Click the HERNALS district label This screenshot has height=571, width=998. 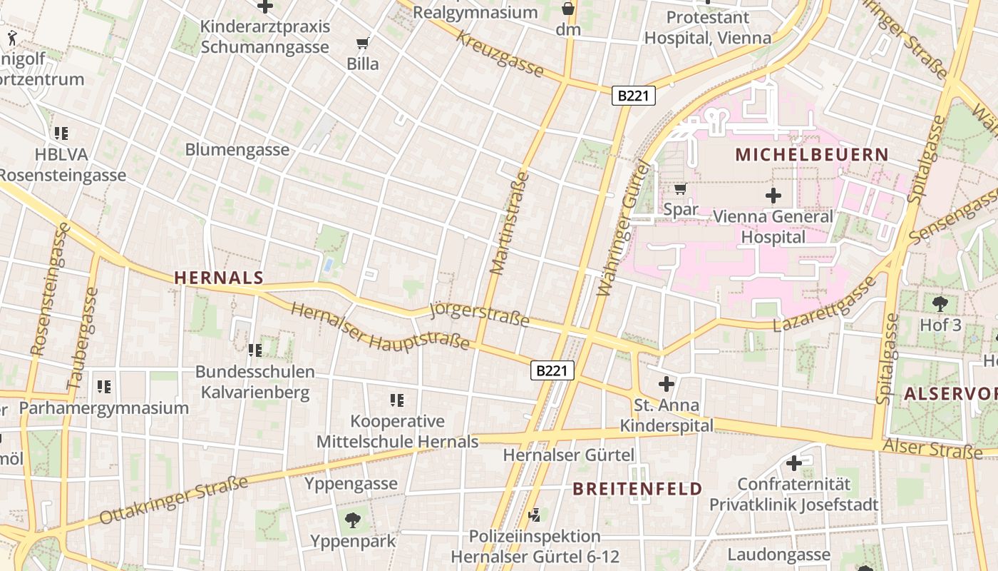[x=219, y=278]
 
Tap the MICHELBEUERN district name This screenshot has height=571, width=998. [x=812, y=154]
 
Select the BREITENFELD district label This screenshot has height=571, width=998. [x=637, y=489]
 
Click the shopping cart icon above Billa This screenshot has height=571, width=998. [x=363, y=44]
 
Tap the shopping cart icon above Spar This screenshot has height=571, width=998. [x=680, y=189]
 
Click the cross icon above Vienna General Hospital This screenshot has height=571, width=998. [x=773, y=195]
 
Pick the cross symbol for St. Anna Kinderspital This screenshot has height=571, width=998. [x=666, y=385]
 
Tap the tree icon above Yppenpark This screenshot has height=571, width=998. [x=352, y=519]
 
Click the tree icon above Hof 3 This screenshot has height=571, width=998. [x=940, y=304]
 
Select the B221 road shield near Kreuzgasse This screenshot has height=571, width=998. [x=633, y=96]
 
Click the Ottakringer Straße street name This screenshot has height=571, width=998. [x=174, y=499]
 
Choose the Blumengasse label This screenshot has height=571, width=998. [x=237, y=150]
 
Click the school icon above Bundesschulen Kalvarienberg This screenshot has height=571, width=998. [x=254, y=350]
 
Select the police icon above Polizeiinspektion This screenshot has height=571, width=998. [x=534, y=515]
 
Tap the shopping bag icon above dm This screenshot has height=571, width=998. [x=568, y=9]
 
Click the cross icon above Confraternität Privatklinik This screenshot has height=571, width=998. [x=793, y=463]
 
